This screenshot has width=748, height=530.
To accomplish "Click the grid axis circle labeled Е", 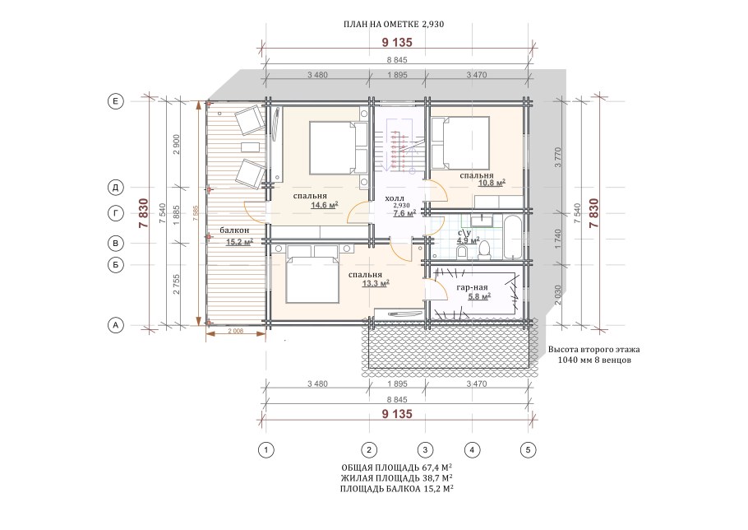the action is tap(115, 101).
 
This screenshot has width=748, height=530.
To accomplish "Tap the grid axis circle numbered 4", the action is tap(472, 450).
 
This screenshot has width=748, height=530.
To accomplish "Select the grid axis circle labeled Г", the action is tap(115, 213).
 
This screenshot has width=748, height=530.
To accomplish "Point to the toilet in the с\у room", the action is tap(484, 249).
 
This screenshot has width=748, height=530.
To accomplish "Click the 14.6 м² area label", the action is tap(325, 205).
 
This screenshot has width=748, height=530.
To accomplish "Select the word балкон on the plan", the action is tap(234, 230).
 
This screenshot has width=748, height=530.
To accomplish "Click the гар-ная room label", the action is tap(473, 287).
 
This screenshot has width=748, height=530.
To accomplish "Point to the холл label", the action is tap(395, 198).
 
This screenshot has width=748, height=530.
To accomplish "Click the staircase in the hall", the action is tap(399, 151).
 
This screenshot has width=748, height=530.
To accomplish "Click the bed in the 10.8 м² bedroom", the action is tap(461, 143).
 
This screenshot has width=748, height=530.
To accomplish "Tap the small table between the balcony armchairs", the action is tap(250, 146).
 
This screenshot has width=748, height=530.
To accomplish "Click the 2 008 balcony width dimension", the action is tap(236, 330).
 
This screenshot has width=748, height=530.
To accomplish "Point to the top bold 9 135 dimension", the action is tap(397, 43).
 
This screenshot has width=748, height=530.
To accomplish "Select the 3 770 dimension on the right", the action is tap(559, 157).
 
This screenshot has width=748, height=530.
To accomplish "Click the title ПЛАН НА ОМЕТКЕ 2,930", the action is tap(394, 24).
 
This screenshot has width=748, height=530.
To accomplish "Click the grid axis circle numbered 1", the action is tap(265, 450).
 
